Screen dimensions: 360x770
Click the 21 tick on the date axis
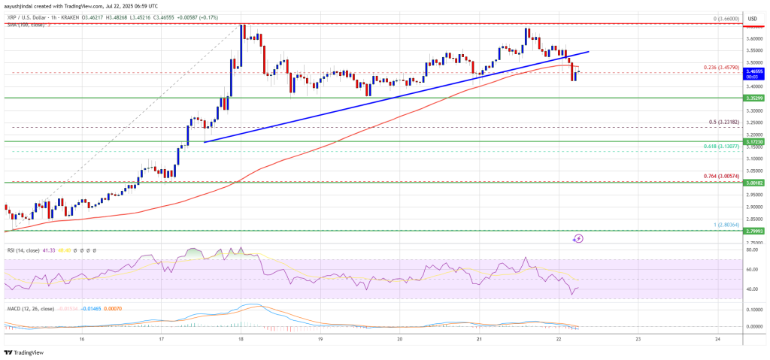click(479, 339)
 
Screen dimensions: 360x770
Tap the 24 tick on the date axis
click(717, 339)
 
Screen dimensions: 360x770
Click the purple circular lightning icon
click(577, 238)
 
